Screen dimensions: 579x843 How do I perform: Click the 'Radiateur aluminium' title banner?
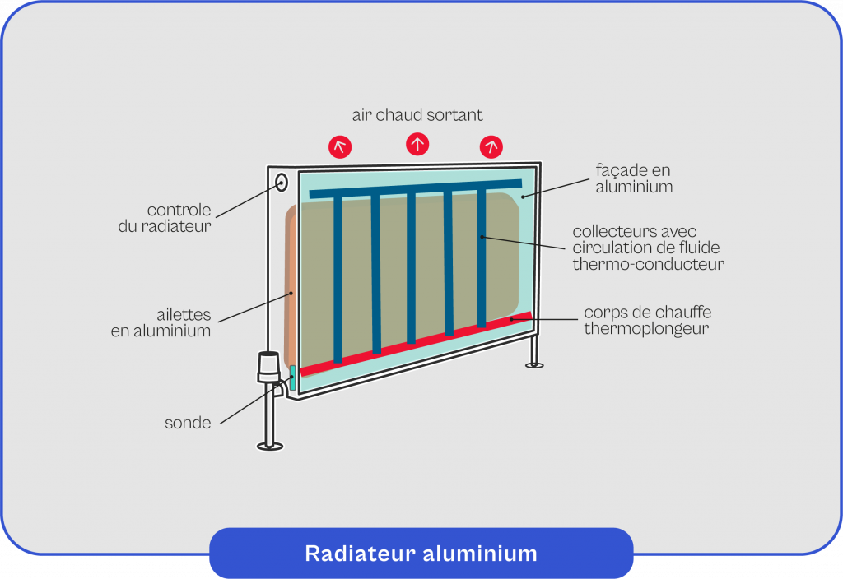421,554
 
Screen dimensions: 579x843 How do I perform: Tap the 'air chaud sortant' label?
417,114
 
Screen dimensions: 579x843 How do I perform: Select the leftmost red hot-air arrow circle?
340,147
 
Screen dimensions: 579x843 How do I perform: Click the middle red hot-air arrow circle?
417,144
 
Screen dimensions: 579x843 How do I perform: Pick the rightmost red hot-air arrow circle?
491,146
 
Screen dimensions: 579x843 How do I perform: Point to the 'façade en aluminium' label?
634,178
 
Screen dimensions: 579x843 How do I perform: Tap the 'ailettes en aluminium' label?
161,323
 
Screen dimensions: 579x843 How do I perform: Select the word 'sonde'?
188,424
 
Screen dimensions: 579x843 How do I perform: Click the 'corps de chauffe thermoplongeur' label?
647,321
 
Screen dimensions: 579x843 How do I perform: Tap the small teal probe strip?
292,378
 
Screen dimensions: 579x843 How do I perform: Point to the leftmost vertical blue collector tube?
338,280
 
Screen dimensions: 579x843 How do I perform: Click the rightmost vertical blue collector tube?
482,258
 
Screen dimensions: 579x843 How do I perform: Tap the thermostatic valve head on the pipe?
268,367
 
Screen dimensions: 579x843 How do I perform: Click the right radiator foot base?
535,364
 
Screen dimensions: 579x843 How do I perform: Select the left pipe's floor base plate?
270,446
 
